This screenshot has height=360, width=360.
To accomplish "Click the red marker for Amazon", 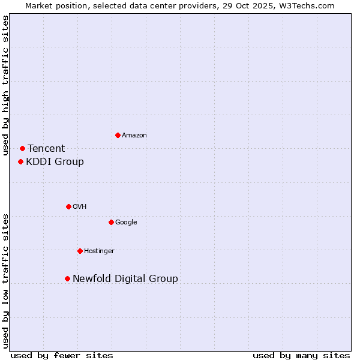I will click(x=118, y=135).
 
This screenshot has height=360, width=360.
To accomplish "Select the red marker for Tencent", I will click(x=22, y=148).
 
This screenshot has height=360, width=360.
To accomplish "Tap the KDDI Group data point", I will click(x=20, y=161).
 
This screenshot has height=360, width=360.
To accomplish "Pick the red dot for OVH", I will click(x=68, y=206).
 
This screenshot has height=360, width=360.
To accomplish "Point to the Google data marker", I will click(x=111, y=222).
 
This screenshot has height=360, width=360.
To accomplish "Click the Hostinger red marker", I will click(x=80, y=251).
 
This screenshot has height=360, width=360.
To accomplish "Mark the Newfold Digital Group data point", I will click(x=67, y=278).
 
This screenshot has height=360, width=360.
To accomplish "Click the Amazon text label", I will click(x=134, y=135).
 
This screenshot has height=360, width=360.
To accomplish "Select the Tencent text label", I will click(x=46, y=148).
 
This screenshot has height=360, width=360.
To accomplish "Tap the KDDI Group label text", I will click(x=55, y=161).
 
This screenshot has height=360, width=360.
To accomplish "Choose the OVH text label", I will click(x=79, y=206).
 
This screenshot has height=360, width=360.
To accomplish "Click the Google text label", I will click(x=126, y=222).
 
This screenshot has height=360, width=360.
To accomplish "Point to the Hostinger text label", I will click(x=99, y=251).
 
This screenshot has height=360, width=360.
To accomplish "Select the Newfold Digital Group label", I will click(x=125, y=278).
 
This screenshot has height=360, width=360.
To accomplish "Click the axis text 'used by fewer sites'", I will click(x=62, y=355).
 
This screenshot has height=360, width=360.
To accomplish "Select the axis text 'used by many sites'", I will click(x=301, y=355).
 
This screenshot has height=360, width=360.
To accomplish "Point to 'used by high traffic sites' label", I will click(x=5, y=85).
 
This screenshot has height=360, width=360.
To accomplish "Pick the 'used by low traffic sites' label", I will click(x=5, y=281).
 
